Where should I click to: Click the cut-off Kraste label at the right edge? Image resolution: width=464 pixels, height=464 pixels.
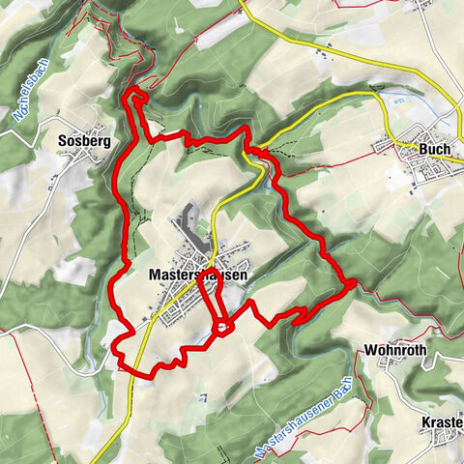click(x=443, y=423)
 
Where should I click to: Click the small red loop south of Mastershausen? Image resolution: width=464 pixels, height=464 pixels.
click(x=222, y=328)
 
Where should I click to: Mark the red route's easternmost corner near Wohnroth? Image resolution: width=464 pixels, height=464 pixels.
click(x=354, y=282)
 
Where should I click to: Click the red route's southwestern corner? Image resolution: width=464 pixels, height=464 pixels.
click(x=119, y=365)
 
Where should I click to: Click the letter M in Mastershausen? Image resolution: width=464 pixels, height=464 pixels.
click(x=156, y=275)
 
